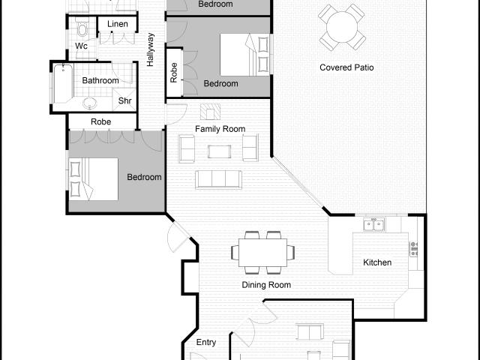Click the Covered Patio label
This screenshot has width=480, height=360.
346,67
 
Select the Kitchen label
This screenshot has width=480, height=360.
376,262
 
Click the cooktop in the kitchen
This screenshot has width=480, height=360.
413,248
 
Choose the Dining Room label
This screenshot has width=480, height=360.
265,285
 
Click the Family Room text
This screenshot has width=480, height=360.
220,129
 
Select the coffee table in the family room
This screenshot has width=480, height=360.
220,151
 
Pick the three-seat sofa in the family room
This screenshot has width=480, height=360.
218,179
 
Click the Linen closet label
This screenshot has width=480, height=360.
118,25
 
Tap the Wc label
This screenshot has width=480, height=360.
81,46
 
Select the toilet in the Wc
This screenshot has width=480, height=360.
82,29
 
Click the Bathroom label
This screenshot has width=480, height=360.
100,80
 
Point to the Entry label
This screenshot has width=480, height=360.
206,343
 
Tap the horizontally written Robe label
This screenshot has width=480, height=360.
101,121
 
